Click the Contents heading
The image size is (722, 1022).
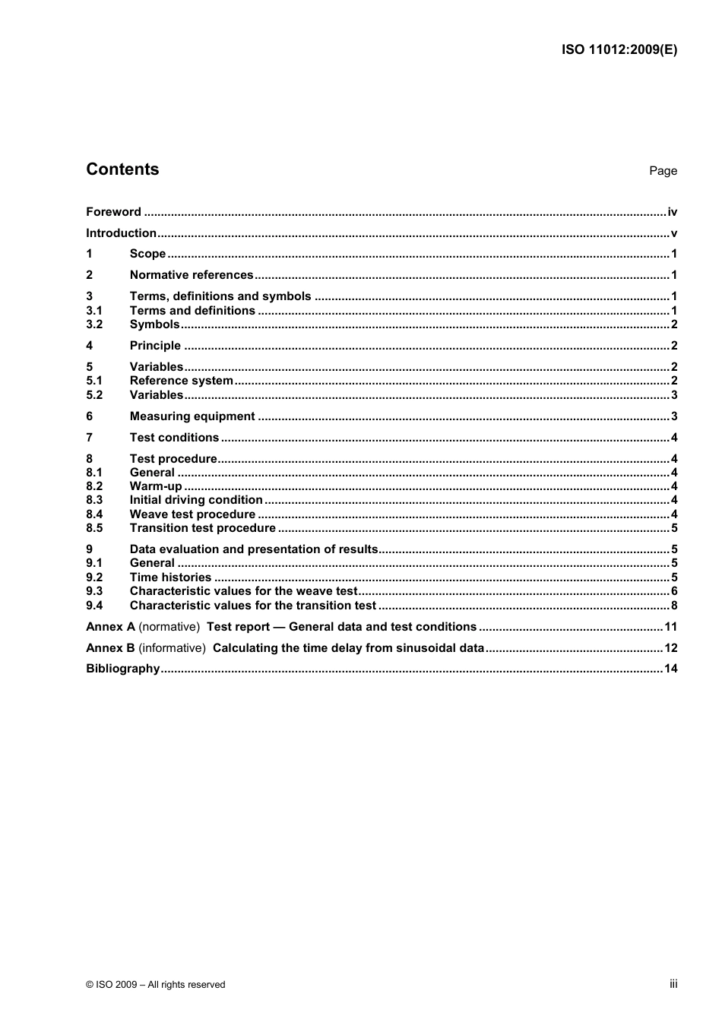[x=122, y=169]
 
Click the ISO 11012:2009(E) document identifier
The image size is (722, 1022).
[x=619, y=50]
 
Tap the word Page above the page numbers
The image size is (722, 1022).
[x=663, y=171]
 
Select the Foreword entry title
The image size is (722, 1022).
[x=113, y=212]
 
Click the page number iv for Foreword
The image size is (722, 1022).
[x=672, y=212]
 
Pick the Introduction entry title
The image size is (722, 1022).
[x=121, y=233]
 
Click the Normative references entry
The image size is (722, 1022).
[x=192, y=275]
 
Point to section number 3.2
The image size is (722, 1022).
[x=94, y=324]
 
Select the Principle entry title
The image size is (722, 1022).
[x=155, y=346]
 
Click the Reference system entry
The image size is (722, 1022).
[x=181, y=381]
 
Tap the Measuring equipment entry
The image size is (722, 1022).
[x=192, y=416]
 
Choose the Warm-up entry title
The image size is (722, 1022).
[x=156, y=486]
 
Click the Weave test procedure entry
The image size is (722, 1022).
[x=192, y=514]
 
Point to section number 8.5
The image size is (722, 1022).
[x=94, y=528]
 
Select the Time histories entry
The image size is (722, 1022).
[x=170, y=577]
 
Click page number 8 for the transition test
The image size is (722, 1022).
[x=674, y=606]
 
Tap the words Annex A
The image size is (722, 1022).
[x=110, y=627]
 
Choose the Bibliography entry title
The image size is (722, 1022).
[x=123, y=669]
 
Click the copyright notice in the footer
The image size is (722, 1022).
[x=156, y=985]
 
